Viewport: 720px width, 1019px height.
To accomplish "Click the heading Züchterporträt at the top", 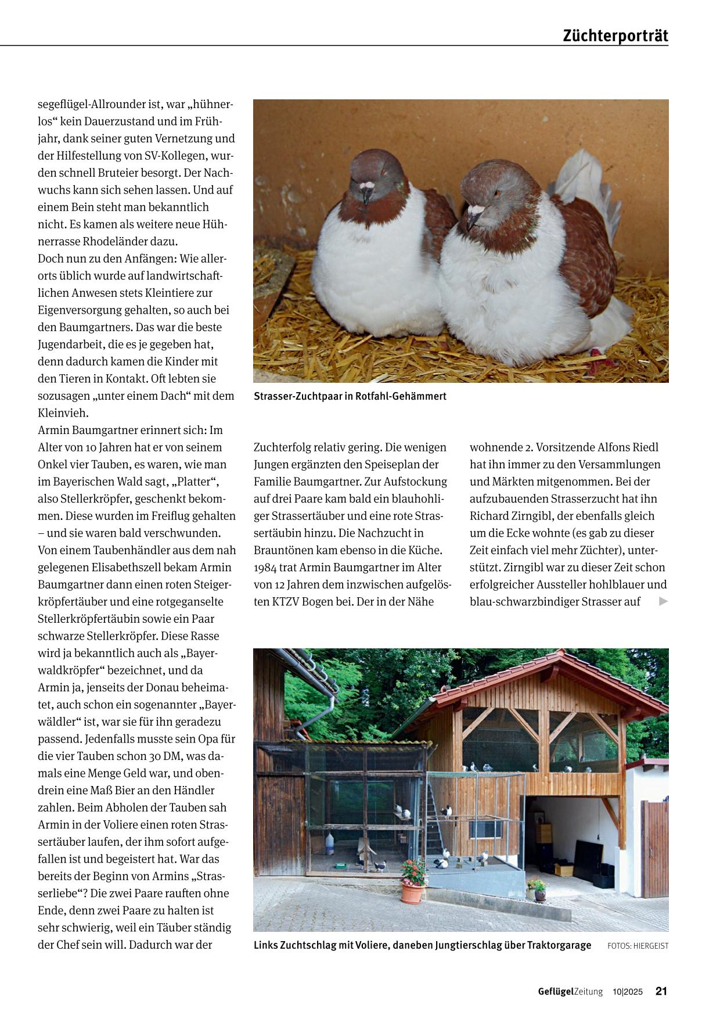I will (615, 36).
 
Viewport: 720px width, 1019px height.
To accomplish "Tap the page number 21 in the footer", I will (661, 991).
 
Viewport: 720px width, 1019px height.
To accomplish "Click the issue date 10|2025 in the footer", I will (628, 992).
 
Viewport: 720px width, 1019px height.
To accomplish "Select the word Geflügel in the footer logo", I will (556, 991).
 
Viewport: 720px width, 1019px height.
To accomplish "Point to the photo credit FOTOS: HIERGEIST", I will (638, 946).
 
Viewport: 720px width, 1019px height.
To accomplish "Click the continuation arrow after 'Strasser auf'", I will (664, 602).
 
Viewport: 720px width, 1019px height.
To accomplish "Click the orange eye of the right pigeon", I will (496, 193).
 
